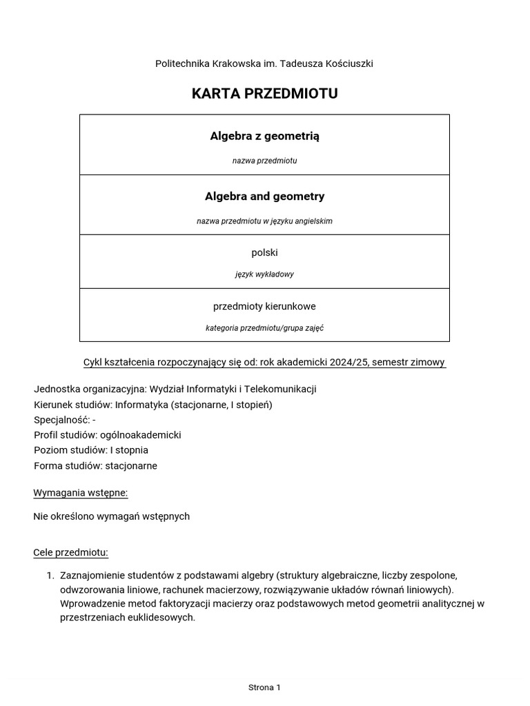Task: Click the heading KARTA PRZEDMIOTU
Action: pos(264,94)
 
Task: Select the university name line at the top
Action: pos(264,63)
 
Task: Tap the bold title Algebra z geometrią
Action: pos(264,136)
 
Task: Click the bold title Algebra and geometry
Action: pos(264,196)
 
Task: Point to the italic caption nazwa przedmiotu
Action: pos(264,161)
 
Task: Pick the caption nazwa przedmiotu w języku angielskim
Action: pos(264,221)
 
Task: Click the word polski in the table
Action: pos(264,253)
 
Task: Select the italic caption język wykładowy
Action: pos(264,274)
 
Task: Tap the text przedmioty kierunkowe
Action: pos(264,306)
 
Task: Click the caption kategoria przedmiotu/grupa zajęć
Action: pos(264,328)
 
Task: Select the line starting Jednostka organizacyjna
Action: pos(175,389)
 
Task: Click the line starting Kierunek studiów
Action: pos(153,405)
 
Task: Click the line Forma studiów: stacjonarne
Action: pos(95,465)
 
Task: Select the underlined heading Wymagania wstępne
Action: pos(80,492)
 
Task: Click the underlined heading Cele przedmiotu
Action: pos(70,552)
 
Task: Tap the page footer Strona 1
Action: pos(264,687)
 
